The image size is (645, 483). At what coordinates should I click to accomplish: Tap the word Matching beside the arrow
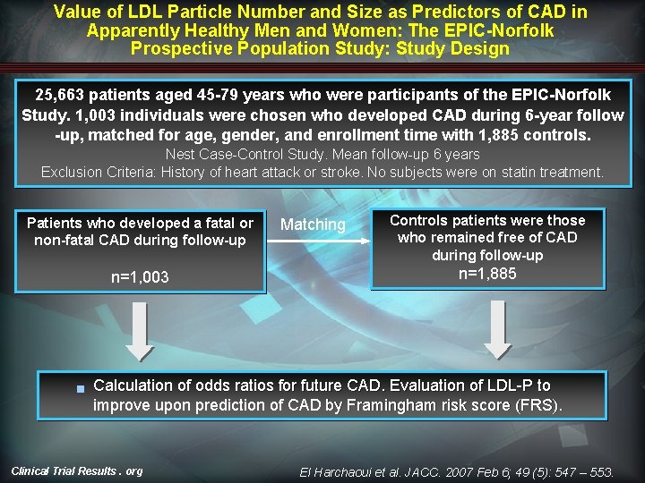[x=313, y=225]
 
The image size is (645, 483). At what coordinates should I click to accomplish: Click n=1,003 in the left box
[x=140, y=277]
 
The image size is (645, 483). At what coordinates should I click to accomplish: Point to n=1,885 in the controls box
[x=487, y=274]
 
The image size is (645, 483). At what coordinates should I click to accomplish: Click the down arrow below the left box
[x=139, y=328]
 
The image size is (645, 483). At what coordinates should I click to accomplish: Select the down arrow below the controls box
[x=497, y=328]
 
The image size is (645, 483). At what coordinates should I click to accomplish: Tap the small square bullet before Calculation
[x=80, y=388]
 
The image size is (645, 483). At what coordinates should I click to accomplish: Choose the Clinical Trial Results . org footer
[x=76, y=470]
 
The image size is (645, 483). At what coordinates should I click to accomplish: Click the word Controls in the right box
[x=419, y=220]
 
